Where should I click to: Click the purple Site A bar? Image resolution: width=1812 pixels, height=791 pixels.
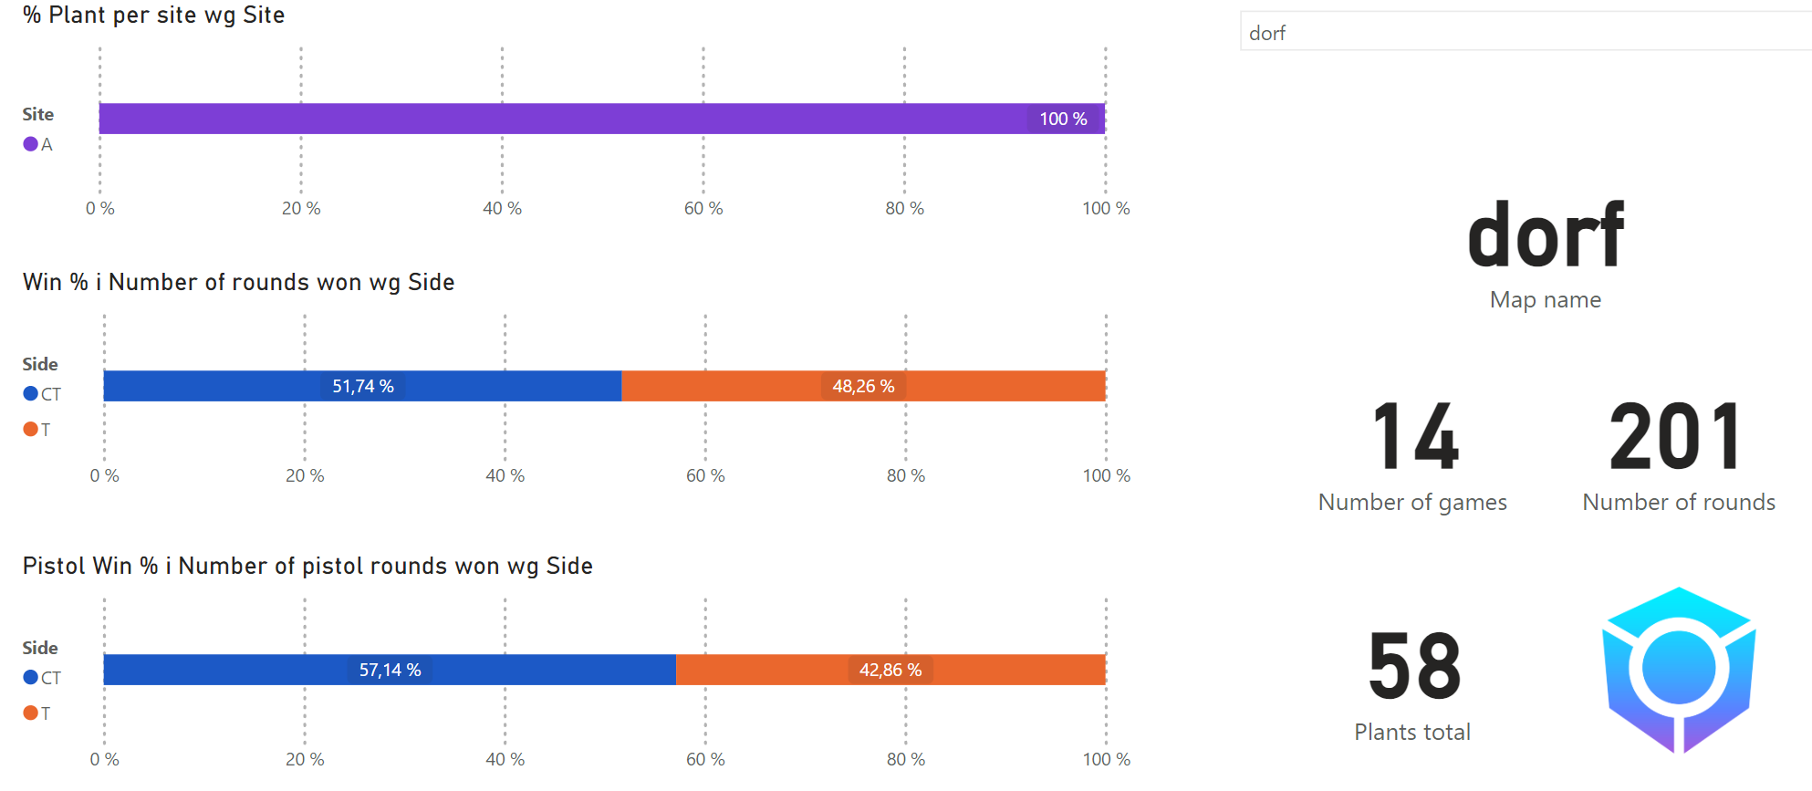tap(547, 119)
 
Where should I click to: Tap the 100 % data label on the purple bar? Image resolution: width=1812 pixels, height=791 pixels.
tap(1063, 119)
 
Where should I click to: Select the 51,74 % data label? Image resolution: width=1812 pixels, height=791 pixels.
tap(363, 386)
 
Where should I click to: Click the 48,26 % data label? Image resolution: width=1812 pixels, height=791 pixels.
tap(863, 386)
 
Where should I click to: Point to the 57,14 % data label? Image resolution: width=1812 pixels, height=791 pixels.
tap(390, 670)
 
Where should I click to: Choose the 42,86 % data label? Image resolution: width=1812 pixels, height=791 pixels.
tap(890, 670)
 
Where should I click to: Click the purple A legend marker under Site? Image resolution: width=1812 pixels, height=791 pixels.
tap(31, 144)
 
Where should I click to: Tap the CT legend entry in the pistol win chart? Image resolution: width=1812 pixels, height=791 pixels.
tap(42, 678)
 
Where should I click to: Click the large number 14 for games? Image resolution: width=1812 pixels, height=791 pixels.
tap(1415, 438)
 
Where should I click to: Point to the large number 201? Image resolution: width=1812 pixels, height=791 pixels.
tap(1676, 438)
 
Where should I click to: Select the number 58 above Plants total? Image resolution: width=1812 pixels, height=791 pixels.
tap(1414, 667)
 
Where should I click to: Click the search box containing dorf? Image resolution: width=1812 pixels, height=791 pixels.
tap(1524, 33)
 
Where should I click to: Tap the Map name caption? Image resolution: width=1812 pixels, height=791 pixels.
tap(1545, 300)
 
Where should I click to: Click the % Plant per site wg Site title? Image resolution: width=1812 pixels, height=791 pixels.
tap(153, 16)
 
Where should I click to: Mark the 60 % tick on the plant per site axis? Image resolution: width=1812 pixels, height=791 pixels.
tap(703, 209)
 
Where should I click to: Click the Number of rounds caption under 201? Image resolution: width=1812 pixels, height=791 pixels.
tap(1678, 503)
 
